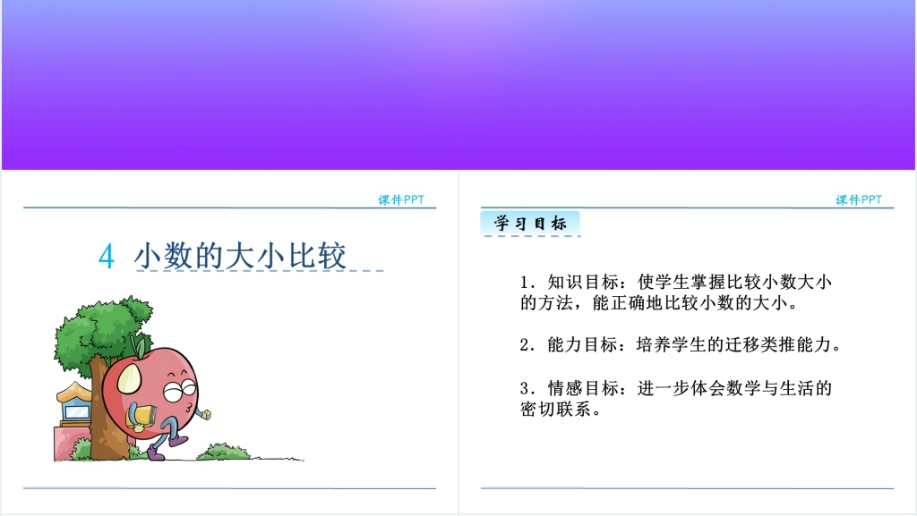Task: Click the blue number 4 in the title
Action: point(107,257)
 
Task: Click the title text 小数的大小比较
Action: point(240,256)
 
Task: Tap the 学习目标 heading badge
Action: point(530,223)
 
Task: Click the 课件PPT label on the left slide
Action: point(401,199)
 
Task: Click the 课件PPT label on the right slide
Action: point(859,199)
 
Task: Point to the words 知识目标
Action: point(583,283)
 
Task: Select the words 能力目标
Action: point(583,345)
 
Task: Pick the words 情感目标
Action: point(583,388)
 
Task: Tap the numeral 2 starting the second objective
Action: point(525,345)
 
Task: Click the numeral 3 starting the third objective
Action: point(525,389)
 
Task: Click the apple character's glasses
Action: point(180,389)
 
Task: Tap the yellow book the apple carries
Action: point(142,417)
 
